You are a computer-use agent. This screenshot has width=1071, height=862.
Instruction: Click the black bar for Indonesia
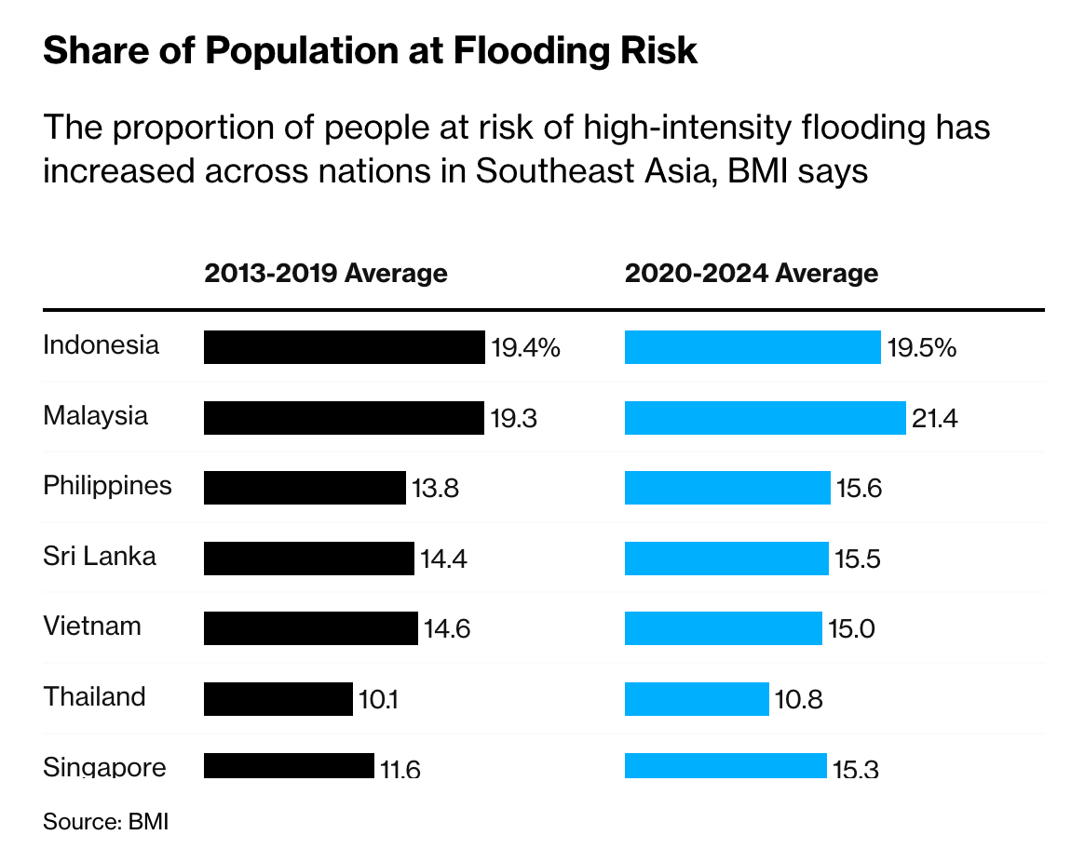(x=344, y=347)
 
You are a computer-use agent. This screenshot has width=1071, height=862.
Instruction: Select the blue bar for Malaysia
(x=765, y=418)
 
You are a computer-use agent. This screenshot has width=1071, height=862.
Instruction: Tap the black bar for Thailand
(x=278, y=699)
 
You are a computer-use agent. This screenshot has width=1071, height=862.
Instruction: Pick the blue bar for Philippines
(x=726, y=488)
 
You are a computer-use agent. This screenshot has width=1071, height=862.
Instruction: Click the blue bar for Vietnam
(x=723, y=628)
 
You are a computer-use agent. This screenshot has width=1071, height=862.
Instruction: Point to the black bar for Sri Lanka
(x=308, y=559)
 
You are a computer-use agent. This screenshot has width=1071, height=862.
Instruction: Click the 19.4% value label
(x=525, y=348)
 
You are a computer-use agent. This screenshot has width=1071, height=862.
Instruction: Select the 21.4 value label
(x=934, y=419)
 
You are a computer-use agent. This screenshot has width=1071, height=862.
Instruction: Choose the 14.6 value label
(x=447, y=629)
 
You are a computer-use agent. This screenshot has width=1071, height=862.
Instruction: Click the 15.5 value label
(x=858, y=559)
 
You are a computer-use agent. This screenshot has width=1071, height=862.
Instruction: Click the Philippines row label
(x=107, y=486)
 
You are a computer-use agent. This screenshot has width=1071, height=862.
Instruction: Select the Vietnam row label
(x=92, y=626)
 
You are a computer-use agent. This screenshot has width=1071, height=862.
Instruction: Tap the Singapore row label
(x=104, y=767)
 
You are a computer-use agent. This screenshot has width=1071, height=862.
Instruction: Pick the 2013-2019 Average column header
(x=325, y=274)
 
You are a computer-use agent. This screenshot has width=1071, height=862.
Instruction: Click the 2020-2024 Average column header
(x=751, y=274)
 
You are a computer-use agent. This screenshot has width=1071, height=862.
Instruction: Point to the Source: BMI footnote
(x=105, y=822)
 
